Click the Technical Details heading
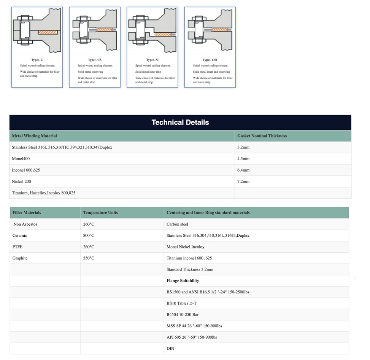(180, 123)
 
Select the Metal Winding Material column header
(34, 136)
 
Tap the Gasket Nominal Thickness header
(262, 136)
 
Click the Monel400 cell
(21, 159)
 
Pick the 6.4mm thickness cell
(243, 170)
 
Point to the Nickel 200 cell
(21, 182)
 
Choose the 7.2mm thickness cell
(243, 182)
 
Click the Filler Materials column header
(27, 213)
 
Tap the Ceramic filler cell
(20, 236)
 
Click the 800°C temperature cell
(89, 236)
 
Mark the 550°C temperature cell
(89, 258)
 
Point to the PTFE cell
(17, 247)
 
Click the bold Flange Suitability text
(183, 281)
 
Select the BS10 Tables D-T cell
(181, 303)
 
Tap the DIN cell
(170, 349)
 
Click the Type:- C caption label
(37, 60)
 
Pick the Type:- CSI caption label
(210, 60)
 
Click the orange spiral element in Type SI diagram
(163, 34)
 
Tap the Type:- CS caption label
(95, 60)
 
